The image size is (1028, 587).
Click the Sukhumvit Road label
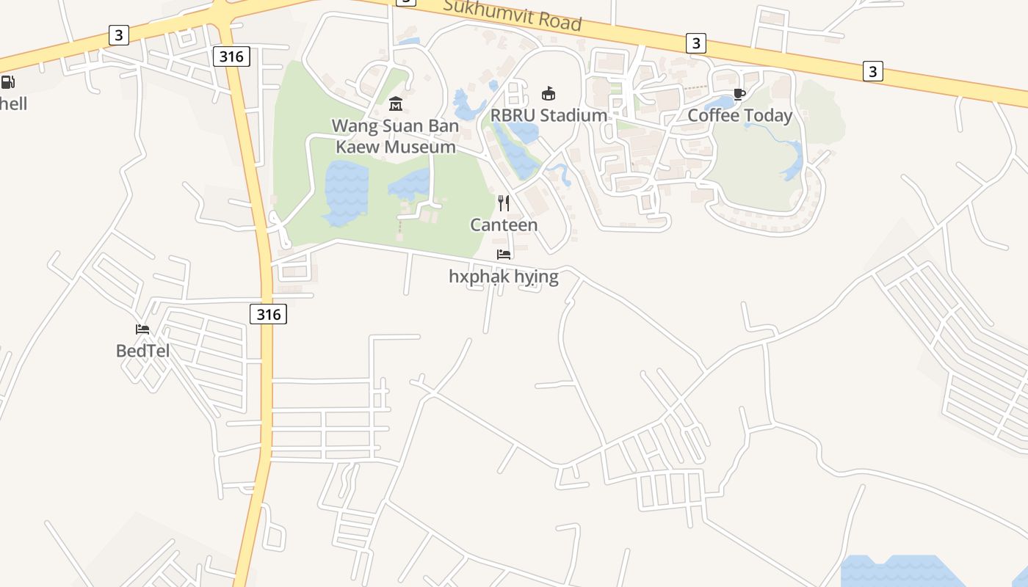pos(512,15)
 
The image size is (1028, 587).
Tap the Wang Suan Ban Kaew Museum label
pos(395,136)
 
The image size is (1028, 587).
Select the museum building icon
pos(396,103)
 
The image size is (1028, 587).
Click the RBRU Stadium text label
pos(549,115)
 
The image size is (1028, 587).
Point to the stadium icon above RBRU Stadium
pos(549,93)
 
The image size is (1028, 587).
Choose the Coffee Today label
pos(739,115)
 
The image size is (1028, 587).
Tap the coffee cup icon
pos(739,94)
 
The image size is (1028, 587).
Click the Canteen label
pos(504,225)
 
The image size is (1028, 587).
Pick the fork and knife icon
pos(504,203)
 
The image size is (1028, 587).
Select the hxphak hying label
pos(504,277)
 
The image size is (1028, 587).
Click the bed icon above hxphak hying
pos(504,255)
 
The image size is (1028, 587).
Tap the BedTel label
pos(142,351)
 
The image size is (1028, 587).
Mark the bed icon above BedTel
pos(142,329)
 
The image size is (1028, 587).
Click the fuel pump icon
pos(7,82)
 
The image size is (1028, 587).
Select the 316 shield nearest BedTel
pos(268,314)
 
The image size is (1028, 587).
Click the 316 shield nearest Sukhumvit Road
pos(232,56)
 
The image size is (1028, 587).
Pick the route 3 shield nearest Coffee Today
pos(695,43)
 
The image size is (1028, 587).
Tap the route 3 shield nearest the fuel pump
pos(118,34)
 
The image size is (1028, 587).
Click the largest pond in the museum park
pos(345,192)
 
